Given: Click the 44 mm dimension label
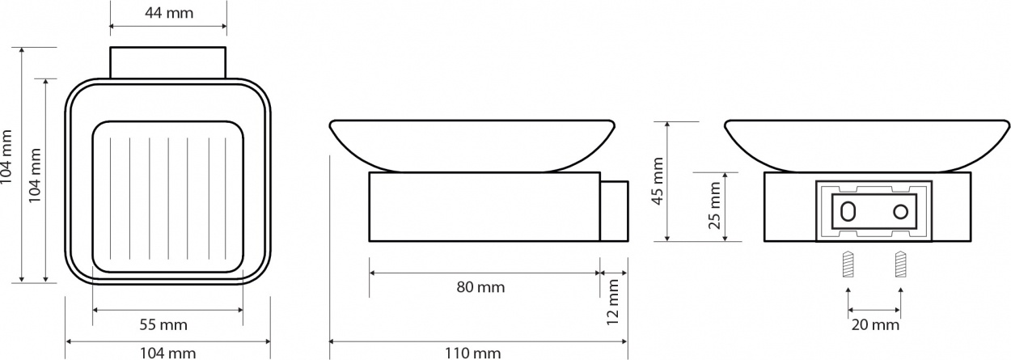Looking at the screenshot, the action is [x=169, y=13].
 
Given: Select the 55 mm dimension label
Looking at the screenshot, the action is [x=163, y=324].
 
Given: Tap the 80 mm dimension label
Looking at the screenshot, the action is [x=480, y=287].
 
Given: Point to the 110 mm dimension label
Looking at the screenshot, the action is [x=473, y=353].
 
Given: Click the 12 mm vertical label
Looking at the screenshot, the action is [x=612, y=303].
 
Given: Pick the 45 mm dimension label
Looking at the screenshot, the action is [x=658, y=181].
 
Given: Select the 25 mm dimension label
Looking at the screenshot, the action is [x=715, y=206].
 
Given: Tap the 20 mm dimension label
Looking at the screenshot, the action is [x=875, y=324].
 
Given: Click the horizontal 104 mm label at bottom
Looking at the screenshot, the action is [x=168, y=353].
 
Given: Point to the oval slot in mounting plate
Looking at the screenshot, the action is [x=848, y=211].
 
